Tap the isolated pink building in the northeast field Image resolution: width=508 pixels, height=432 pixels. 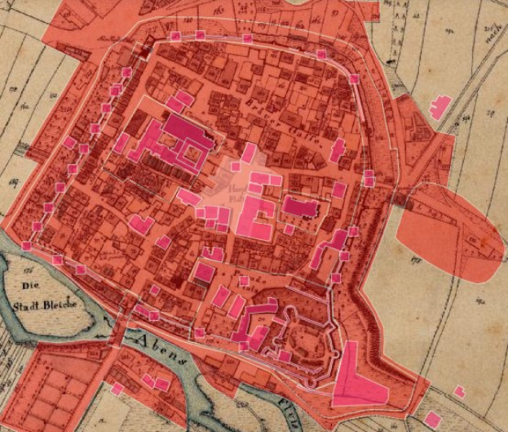pyautogui.click(x=440, y=107)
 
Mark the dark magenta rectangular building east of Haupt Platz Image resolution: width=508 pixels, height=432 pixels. pyautogui.click(x=300, y=207)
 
